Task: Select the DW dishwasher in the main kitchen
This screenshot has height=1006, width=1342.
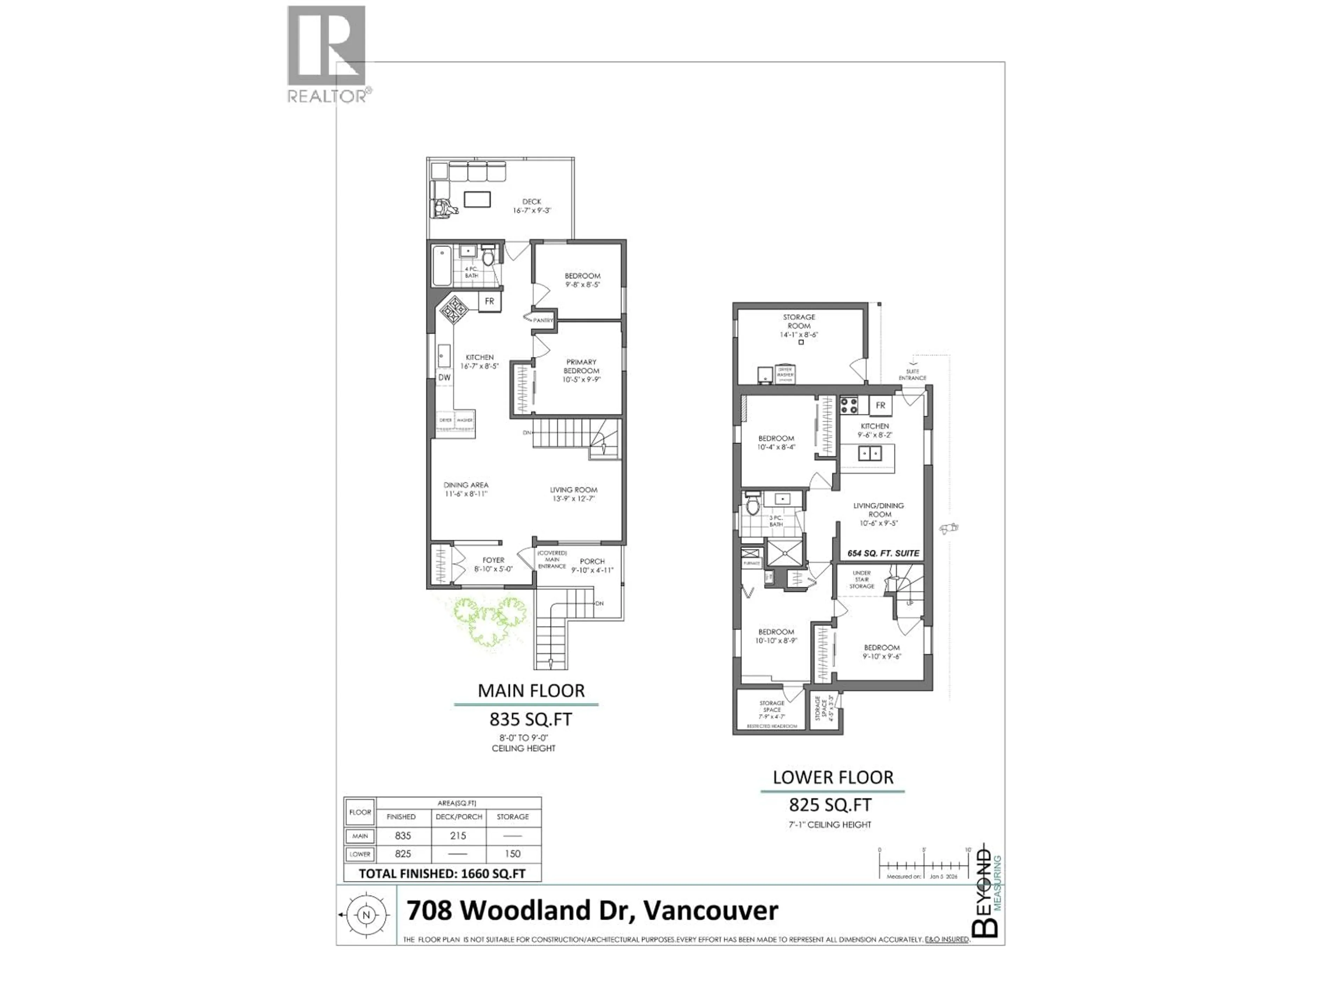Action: point(445,377)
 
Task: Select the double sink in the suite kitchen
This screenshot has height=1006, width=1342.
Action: point(870,453)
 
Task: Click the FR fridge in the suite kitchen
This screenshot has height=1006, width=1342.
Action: point(880,405)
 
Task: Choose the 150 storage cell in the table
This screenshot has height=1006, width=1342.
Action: point(513,854)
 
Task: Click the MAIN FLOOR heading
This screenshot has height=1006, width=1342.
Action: point(531,691)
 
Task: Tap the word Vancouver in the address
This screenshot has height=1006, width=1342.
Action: point(710,911)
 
